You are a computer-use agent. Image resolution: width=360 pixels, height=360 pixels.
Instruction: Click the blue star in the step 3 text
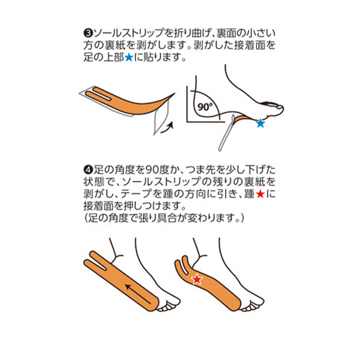[129, 58]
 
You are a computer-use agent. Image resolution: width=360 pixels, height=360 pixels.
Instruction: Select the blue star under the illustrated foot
[260, 124]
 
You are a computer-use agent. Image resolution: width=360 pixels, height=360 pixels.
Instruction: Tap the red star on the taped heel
[197, 278]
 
